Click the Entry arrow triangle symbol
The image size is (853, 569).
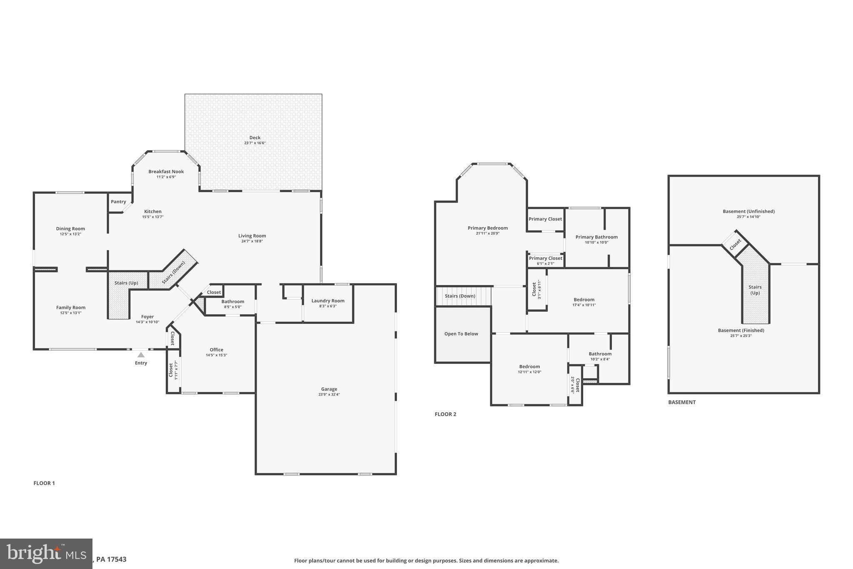click(x=141, y=355)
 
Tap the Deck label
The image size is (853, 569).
click(x=255, y=138)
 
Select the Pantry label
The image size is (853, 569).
click(x=118, y=202)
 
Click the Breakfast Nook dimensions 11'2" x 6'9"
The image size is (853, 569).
click(x=166, y=177)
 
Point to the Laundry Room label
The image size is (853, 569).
click(x=328, y=301)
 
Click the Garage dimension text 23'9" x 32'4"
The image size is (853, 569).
click(x=329, y=394)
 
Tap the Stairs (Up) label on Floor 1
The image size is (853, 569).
click(x=126, y=283)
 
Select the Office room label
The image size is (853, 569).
click(x=216, y=350)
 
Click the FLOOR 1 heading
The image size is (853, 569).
click(x=44, y=483)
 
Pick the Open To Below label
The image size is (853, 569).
click(x=461, y=334)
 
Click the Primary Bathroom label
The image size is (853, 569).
click(x=596, y=237)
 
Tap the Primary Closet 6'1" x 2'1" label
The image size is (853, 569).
click(x=545, y=261)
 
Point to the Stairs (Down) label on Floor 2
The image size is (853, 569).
click(x=460, y=296)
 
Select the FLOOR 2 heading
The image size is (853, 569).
click(x=445, y=414)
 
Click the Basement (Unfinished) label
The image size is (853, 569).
click(x=748, y=211)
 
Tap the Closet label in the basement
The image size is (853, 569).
click(x=735, y=244)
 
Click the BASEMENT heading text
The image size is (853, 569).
click(x=682, y=402)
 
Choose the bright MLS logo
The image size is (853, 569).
click(x=46, y=554)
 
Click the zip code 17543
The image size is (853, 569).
click(x=117, y=559)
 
